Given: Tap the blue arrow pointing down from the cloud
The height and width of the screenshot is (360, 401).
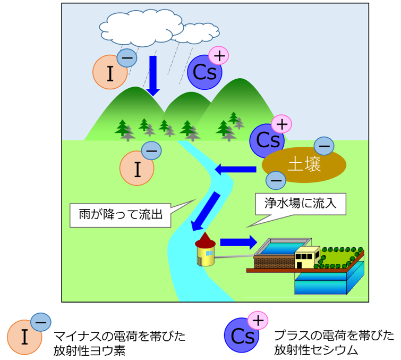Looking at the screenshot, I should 153,74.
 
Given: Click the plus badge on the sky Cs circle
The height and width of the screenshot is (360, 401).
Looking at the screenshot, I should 218,55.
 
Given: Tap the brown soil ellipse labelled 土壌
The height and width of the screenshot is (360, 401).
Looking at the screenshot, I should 304,164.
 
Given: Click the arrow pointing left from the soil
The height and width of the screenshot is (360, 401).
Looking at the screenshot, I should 236,170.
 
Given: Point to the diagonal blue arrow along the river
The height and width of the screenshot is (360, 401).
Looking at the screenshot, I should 207,211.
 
